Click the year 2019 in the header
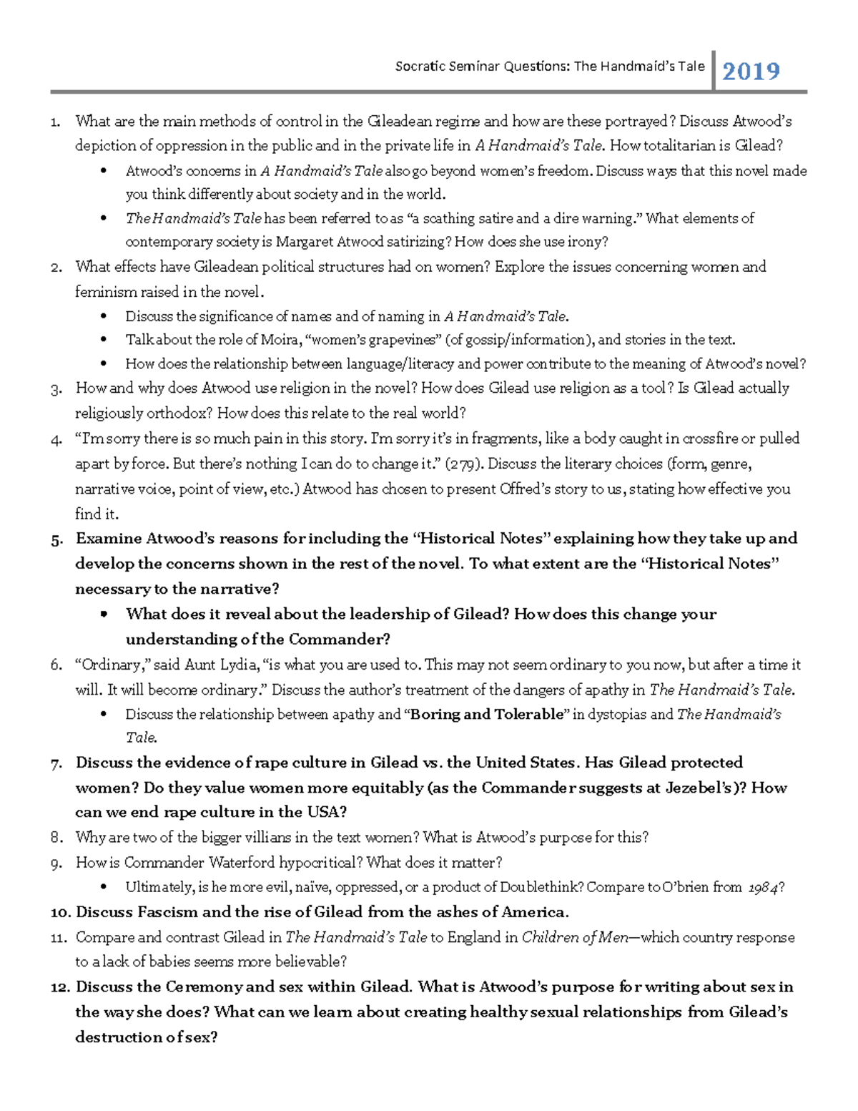coord(751,72)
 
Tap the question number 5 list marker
coord(56,540)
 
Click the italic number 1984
coord(763,888)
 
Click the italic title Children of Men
coord(576,937)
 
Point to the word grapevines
coord(394,340)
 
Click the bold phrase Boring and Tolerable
coord(487,714)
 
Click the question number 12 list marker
coord(60,987)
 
